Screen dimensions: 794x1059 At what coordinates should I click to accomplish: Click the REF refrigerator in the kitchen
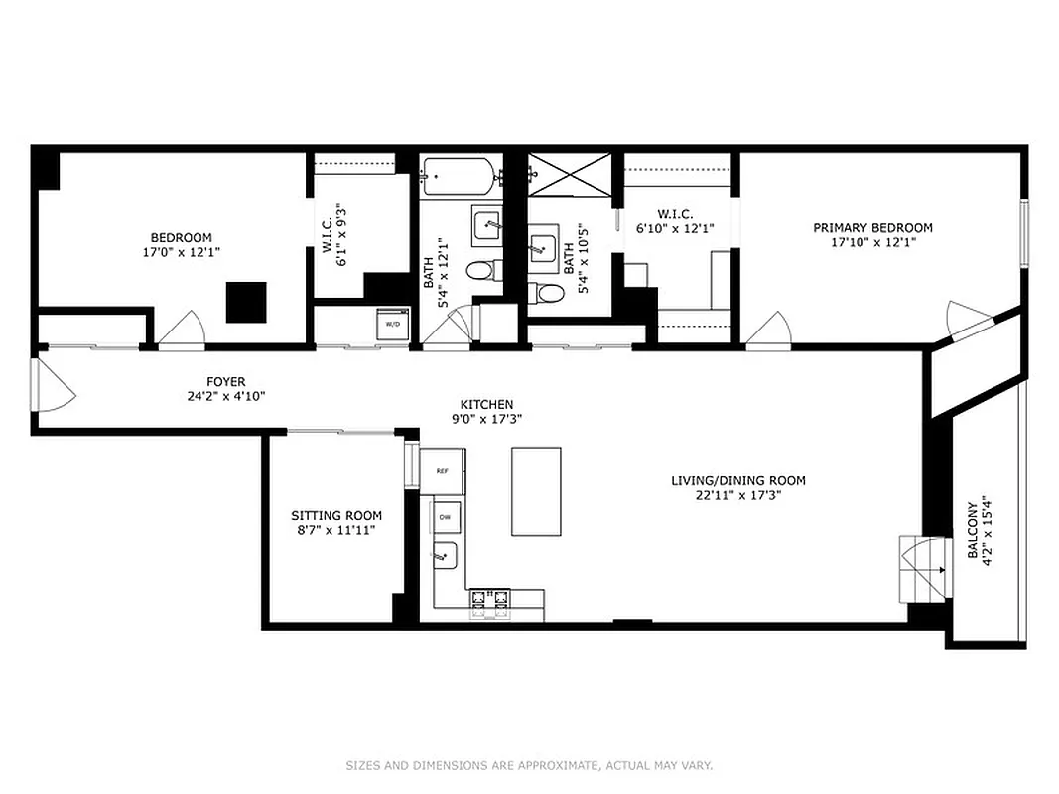click(442, 472)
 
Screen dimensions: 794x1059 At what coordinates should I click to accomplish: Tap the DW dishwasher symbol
click(445, 518)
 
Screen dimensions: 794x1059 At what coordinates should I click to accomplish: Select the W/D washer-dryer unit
click(391, 324)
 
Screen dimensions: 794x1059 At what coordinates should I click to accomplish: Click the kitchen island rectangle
click(536, 490)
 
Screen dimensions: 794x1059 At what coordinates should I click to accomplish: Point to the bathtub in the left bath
click(458, 177)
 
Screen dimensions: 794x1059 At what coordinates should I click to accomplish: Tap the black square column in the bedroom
click(246, 302)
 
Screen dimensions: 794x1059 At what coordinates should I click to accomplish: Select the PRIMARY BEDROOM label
click(872, 228)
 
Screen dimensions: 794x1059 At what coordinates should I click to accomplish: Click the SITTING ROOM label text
click(335, 516)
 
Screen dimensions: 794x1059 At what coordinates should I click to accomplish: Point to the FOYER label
click(225, 382)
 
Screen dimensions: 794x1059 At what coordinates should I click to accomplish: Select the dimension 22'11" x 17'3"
click(737, 496)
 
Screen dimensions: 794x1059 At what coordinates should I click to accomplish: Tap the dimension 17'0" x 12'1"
click(181, 252)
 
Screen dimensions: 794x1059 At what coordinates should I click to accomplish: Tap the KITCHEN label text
click(486, 404)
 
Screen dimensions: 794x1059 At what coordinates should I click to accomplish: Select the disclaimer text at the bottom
click(529, 765)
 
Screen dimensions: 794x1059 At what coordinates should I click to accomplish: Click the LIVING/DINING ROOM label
click(737, 481)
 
